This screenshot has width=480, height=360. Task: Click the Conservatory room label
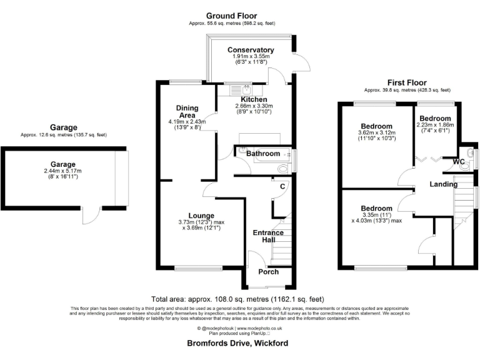point(251,50)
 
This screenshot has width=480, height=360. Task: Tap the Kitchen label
point(254,99)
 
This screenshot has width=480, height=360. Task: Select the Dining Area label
point(187,111)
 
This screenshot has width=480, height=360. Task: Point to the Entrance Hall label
point(268,237)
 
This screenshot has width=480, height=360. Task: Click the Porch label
point(269,272)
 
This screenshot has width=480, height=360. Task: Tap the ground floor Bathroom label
point(263,154)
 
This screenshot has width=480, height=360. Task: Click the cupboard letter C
point(282,186)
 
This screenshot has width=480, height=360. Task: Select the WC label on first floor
point(459,162)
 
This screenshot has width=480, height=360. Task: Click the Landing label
point(443,184)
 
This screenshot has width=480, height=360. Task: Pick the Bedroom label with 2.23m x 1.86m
point(435,119)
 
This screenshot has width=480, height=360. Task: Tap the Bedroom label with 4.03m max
point(376,209)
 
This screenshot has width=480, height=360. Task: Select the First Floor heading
point(407,82)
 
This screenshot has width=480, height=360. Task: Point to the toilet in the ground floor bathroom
point(283,167)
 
